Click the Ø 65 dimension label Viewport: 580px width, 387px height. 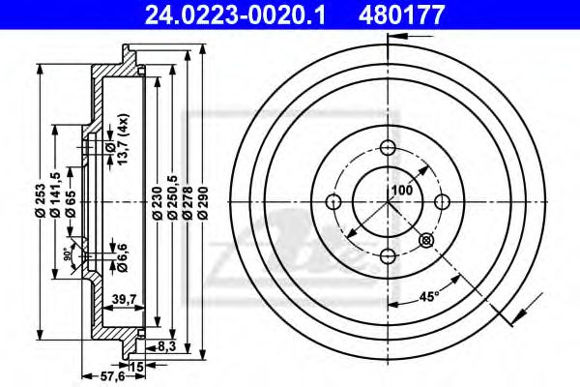click(x=72, y=200)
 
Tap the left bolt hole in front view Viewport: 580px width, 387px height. click(x=335, y=201)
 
